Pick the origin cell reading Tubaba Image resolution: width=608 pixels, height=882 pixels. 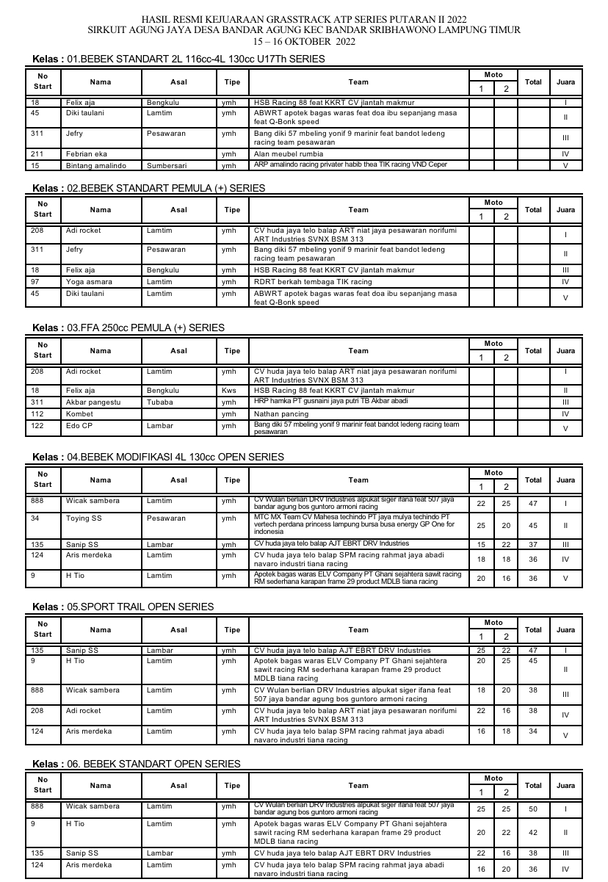click(160, 402)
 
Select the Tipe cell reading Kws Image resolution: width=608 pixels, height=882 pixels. click(229, 391)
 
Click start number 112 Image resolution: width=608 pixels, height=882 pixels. click(37, 414)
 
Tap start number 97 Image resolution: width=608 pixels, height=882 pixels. click(35, 282)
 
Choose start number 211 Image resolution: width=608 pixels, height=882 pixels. click(37, 154)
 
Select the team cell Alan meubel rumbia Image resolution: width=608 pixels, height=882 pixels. click(288, 154)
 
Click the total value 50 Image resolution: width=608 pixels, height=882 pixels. click(533, 809)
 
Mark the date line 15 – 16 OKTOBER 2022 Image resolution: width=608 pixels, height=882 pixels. click(303, 42)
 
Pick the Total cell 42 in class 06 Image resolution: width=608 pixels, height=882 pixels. click(533, 833)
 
